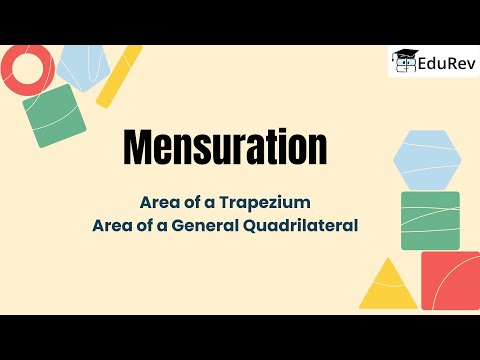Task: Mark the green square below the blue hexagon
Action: point(430,220)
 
